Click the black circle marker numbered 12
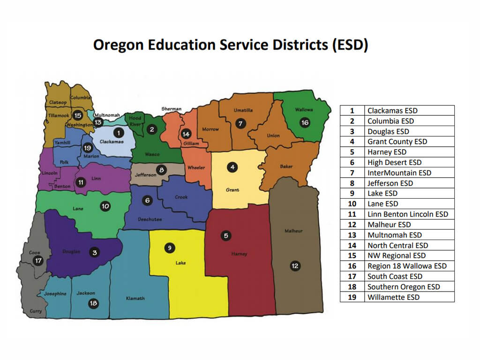click(295, 266)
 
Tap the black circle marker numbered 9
click(170, 247)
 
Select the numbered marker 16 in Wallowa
click(305, 123)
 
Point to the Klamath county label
click(135, 298)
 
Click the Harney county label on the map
click(239, 254)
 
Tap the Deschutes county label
click(150, 219)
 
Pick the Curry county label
click(36, 311)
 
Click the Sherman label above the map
click(171, 109)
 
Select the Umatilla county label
click(243, 111)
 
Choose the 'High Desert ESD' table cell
click(394, 163)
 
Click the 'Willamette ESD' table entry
click(393, 297)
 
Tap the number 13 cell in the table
click(352, 235)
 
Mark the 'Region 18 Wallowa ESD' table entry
click(407, 266)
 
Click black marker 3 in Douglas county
click(95, 253)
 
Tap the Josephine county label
click(55, 294)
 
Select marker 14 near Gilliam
click(187, 134)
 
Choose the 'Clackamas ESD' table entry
click(392, 111)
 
